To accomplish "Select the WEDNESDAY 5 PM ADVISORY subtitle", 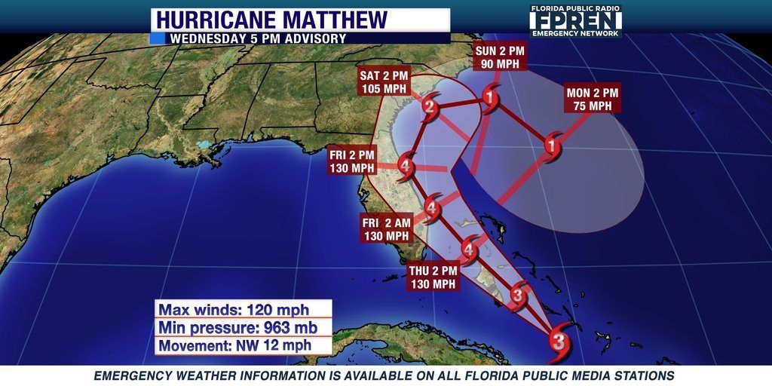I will (258, 38).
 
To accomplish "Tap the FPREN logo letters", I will (576, 20).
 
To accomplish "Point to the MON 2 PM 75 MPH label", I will (593, 99).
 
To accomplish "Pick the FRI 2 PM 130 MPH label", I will (352, 161).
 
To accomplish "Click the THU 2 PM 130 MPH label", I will (433, 277).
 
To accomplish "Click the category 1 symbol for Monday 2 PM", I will (553, 146).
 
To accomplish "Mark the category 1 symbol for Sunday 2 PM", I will (490, 98).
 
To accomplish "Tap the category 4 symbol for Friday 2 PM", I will (406, 166).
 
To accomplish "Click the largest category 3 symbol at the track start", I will (559, 342).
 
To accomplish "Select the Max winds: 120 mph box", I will (244, 309).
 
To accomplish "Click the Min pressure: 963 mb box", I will (244, 327).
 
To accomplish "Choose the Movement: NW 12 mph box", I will (244, 345).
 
